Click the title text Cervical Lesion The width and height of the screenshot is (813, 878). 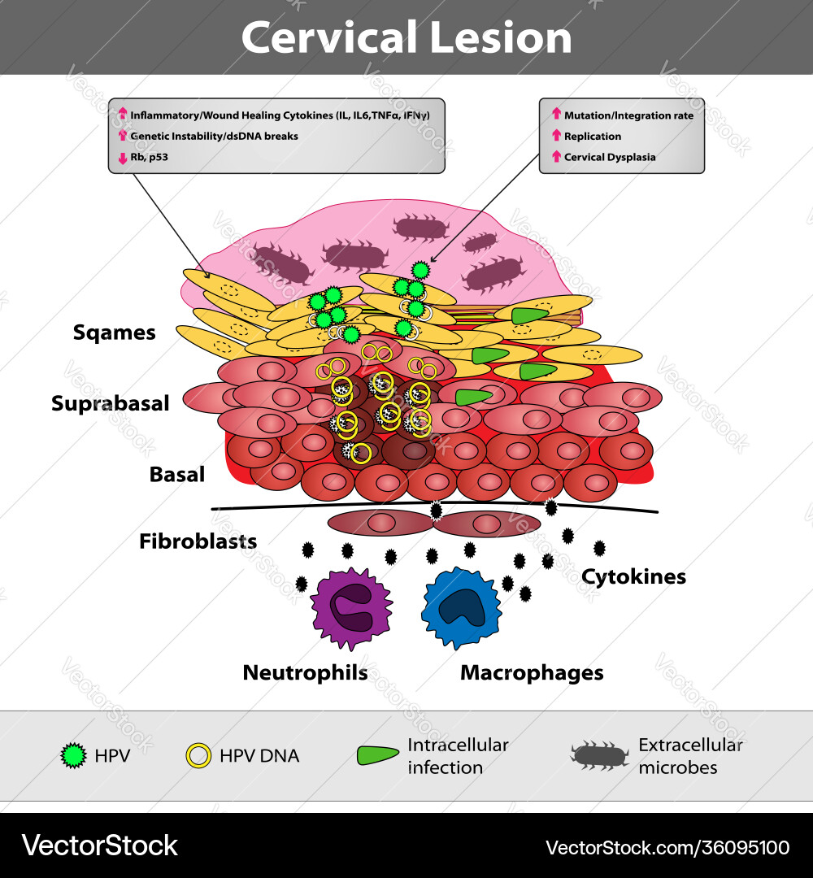406,38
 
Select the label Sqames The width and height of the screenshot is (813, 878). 114,333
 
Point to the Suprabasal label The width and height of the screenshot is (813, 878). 110,403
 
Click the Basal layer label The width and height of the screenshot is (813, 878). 176,474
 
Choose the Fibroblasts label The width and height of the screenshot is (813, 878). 198,541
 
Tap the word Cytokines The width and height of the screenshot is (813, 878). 633,576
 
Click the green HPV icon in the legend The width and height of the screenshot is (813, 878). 74,756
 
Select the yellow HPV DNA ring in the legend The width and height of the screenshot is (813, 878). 198,756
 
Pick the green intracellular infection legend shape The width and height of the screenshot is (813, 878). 376,755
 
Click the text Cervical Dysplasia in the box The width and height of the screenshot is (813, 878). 609,157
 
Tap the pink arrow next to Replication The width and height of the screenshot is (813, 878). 556,136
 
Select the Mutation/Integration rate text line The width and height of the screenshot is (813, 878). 628,115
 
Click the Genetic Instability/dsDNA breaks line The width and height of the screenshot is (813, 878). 214,136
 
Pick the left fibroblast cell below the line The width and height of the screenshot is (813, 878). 380,524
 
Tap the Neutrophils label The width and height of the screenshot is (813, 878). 305,672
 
